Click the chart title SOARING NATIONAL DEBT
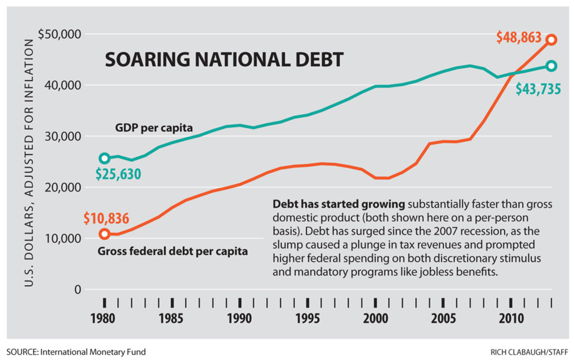click(224, 60)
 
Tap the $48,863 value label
click(519, 37)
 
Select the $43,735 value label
click(538, 89)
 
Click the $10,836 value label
click(106, 219)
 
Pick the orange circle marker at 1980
click(105, 234)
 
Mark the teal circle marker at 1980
click(105, 158)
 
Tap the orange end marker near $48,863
click(552, 40)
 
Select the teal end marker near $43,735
click(552, 66)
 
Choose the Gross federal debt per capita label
click(173, 251)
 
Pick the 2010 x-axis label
click(510, 318)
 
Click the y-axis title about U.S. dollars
click(29, 163)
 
